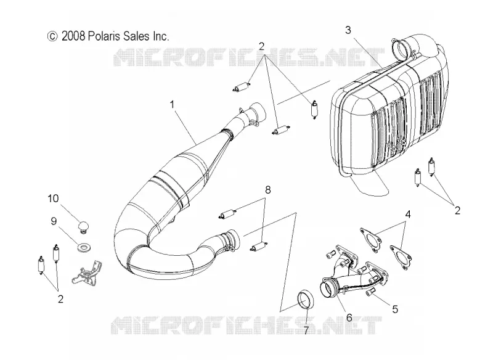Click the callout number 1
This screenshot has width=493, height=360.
point(172,104)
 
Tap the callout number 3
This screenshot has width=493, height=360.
point(348,30)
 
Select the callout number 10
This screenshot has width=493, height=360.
point(53,198)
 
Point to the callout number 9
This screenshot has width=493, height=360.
point(54,221)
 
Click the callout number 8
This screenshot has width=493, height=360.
point(267,190)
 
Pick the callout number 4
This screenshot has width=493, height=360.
point(408,215)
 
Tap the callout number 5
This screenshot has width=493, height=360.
point(395,309)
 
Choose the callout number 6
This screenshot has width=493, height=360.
point(349,318)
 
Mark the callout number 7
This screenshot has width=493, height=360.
point(306,330)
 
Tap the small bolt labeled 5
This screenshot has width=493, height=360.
point(370,292)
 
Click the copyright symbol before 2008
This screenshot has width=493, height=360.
point(52,36)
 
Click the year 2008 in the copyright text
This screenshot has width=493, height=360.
point(73,36)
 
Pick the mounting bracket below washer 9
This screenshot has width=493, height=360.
point(86,271)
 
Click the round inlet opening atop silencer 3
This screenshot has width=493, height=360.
point(402,49)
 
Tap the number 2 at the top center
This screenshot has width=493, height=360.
point(261,46)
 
